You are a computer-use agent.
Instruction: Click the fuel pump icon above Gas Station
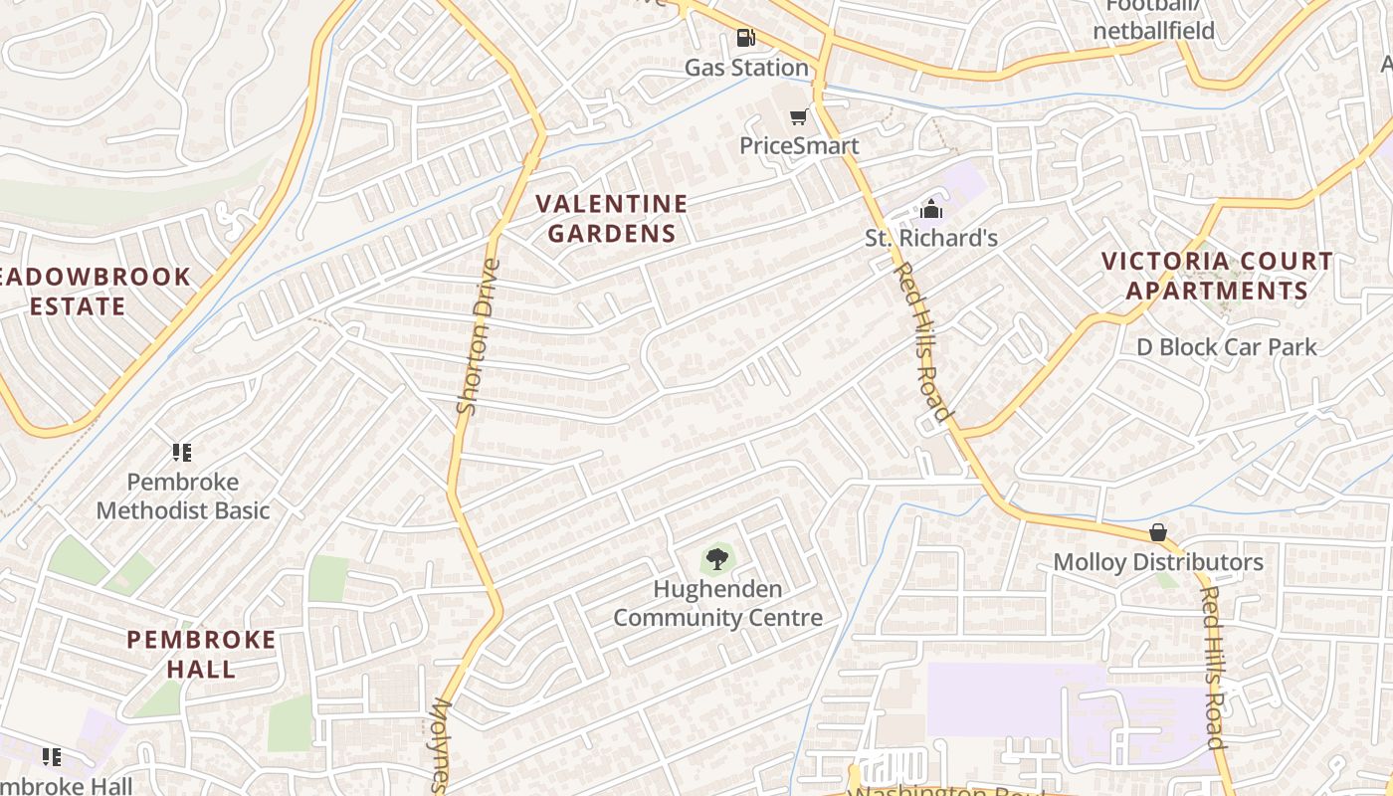(x=745, y=39)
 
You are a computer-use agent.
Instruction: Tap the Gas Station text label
(x=746, y=68)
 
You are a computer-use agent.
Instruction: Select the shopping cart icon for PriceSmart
(x=798, y=117)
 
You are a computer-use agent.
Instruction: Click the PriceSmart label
(x=799, y=146)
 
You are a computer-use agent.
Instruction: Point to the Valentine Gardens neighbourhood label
(x=612, y=219)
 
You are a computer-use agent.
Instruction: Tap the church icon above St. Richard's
(x=931, y=209)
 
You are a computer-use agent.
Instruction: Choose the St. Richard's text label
(x=930, y=239)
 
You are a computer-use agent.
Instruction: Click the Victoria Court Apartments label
(x=1216, y=276)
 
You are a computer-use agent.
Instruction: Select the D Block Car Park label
(x=1227, y=347)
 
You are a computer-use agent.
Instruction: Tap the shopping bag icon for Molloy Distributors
(x=1157, y=532)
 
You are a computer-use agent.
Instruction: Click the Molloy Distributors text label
(x=1158, y=562)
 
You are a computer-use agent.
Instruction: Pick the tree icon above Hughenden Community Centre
(x=716, y=558)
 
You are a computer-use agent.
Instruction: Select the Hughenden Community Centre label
(x=717, y=603)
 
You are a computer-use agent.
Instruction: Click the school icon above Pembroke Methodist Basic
(x=181, y=453)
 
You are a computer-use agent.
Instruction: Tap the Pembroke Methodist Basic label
(x=183, y=497)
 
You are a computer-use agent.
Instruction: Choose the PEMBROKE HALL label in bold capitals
(x=201, y=654)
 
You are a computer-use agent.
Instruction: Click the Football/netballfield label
(x=1154, y=19)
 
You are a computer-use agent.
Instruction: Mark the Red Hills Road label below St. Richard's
(x=923, y=342)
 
